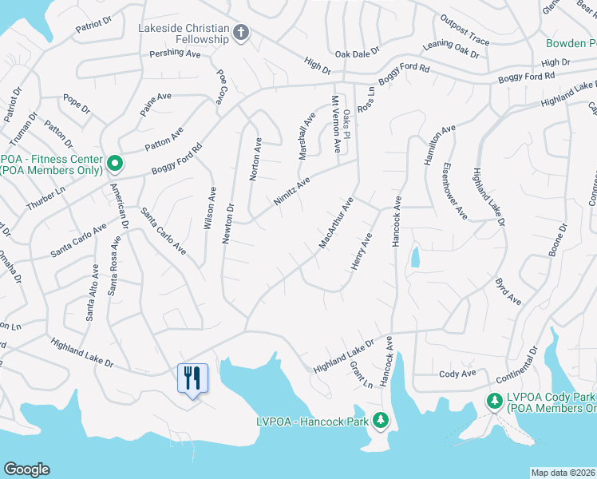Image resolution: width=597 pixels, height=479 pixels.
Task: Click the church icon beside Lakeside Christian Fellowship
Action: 242,33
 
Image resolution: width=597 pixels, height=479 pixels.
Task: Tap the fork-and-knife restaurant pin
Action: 192,378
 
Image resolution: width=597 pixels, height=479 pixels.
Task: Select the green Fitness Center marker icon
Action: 114,164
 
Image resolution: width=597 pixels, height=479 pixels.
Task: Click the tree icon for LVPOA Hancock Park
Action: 381,420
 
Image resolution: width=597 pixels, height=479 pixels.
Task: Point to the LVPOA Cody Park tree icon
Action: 495,399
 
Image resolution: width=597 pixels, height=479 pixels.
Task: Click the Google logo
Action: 26,469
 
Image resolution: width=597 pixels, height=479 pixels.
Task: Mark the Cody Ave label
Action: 457,374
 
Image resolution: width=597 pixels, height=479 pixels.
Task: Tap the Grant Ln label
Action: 361,374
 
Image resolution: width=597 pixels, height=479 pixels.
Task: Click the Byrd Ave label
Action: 508,291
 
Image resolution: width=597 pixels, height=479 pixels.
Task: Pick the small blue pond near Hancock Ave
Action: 415,257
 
